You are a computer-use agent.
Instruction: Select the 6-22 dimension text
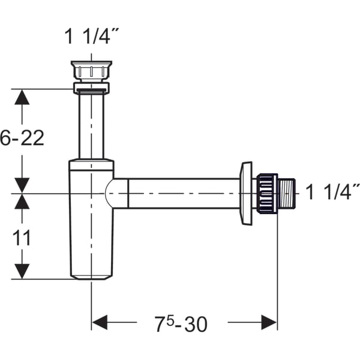(x=22, y=139)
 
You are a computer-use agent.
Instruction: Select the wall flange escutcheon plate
(x=246, y=193)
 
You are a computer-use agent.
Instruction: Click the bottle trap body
(x=91, y=222)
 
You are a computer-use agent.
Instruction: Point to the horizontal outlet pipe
(x=180, y=193)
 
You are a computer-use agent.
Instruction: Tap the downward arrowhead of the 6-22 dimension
(x=22, y=185)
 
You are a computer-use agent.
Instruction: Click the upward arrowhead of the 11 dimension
(x=22, y=202)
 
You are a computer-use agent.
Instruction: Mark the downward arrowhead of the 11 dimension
(x=22, y=271)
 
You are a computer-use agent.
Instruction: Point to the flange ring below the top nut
(x=91, y=89)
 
